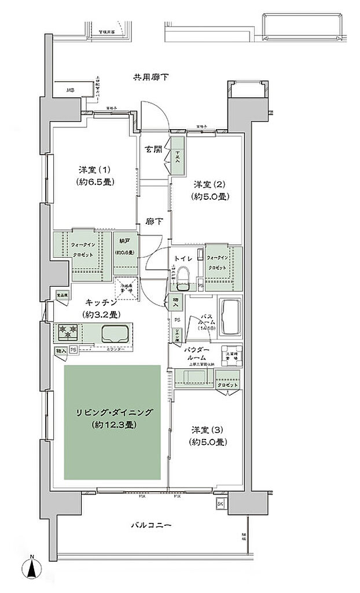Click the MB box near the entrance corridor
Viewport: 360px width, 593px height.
coord(69,90)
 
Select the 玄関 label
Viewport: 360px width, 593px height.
coord(153,149)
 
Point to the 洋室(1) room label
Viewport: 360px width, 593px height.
coord(95,170)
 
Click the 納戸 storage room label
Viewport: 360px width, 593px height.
coord(124,241)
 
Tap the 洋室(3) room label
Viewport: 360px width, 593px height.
coord(210,430)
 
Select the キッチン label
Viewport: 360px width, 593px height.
coord(101,302)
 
